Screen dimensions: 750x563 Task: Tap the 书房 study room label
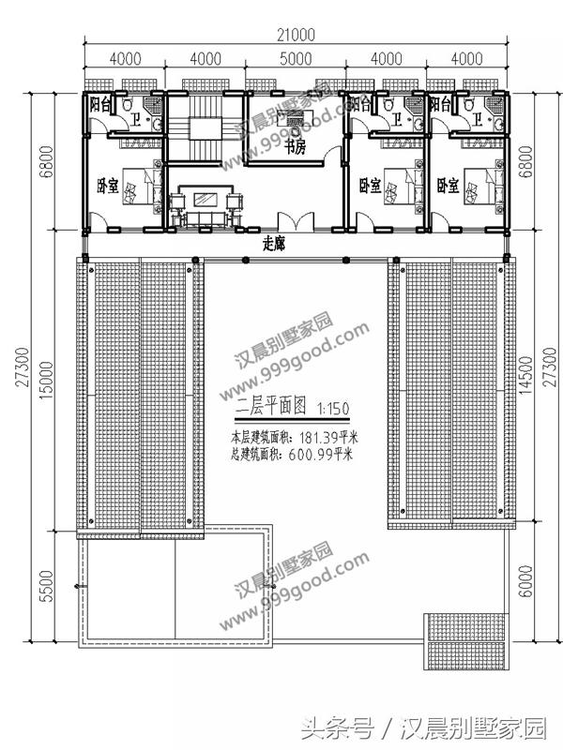tap(297, 146)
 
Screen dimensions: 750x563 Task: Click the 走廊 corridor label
tap(273, 241)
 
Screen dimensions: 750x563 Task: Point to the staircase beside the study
tap(204, 137)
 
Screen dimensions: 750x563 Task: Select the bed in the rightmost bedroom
tap(479, 184)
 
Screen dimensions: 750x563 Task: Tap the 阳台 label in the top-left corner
tap(100, 105)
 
